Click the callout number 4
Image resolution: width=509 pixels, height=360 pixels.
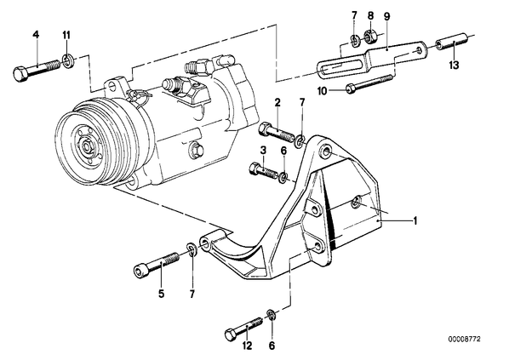click(36, 35)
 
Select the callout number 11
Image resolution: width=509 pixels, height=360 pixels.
click(66, 35)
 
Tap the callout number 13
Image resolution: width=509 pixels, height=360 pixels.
click(455, 66)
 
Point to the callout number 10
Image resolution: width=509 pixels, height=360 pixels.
click(323, 91)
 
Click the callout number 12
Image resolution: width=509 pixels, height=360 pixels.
click(247, 346)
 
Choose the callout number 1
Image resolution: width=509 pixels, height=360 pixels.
click(415, 221)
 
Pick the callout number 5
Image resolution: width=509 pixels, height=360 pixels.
click(162, 294)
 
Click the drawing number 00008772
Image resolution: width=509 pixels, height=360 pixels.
click(464, 340)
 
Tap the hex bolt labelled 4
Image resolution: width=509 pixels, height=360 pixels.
click(37, 70)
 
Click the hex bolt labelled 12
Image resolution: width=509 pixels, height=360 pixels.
click(243, 328)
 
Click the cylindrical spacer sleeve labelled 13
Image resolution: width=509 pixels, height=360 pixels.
click(451, 41)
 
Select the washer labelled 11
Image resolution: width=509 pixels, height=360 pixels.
click(67, 61)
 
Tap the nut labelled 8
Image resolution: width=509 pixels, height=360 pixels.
click(369, 36)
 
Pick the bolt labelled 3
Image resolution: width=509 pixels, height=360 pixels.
click(264, 170)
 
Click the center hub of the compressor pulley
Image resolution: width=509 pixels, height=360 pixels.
click(88, 146)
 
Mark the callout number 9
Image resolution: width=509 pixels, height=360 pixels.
click(387, 16)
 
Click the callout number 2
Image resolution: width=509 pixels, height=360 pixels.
click(277, 103)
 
